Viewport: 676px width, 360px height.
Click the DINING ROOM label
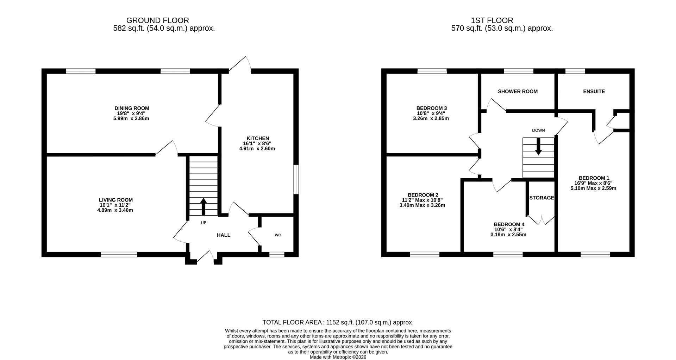click(x=132, y=108)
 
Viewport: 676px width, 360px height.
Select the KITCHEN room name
click(x=257, y=138)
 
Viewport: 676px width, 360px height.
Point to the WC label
click(x=278, y=235)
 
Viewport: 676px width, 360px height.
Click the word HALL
click(x=223, y=235)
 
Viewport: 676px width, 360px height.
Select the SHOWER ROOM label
click(x=517, y=91)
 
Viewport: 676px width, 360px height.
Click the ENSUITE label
click(x=594, y=91)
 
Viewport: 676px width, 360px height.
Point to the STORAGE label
click(x=542, y=198)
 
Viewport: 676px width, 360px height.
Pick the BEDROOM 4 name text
click(x=509, y=224)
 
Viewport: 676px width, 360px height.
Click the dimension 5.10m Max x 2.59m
click(x=593, y=188)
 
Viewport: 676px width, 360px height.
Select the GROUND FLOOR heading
click(x=157, y=20)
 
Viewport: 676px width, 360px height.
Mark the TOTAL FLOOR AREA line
click(x=338, y=322)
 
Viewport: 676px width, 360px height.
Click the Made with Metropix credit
click(x=338, y=357)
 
